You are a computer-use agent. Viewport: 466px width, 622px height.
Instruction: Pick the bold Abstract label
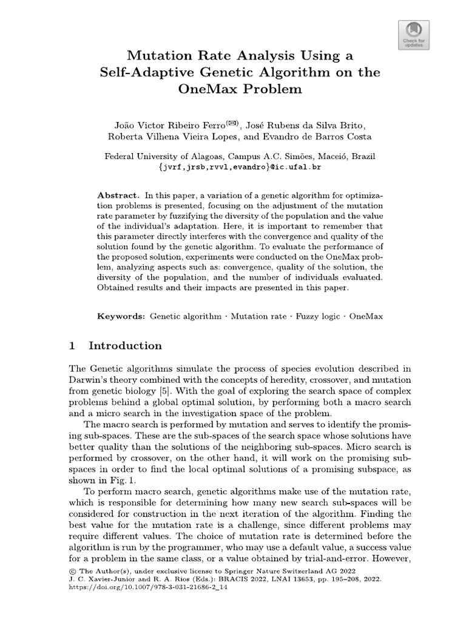point(117,195)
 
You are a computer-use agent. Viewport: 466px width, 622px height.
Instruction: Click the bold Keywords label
point(121,316)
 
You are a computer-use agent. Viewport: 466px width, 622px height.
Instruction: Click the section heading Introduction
point(125,346)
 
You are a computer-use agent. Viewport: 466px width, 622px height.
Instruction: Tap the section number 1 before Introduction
point(72,346)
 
